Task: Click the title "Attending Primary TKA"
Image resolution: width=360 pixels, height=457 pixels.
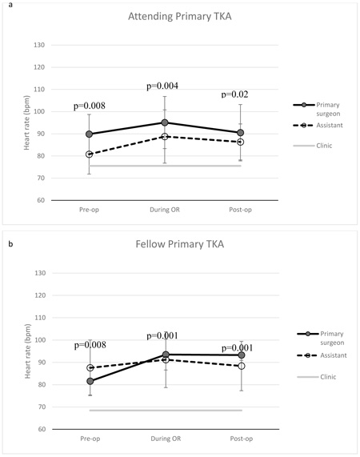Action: (180, 16)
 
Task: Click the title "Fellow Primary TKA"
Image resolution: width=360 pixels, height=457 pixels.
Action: (180, 244)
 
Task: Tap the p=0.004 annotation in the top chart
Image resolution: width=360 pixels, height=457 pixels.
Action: (162, 86)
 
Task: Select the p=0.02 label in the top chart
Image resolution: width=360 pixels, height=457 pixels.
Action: (234, 94)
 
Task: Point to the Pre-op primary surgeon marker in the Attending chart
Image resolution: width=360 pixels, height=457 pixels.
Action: (89, 134)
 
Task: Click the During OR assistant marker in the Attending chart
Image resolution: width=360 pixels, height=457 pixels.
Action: (165, 137)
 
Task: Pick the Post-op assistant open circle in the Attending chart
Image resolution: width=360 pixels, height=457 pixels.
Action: (241, 142)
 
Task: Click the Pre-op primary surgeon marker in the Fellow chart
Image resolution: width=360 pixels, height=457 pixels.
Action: (90, 381)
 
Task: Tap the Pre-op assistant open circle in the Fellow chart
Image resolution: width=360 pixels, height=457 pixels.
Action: (90, 368)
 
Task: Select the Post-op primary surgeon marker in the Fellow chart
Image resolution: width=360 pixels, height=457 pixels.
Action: (242, 355)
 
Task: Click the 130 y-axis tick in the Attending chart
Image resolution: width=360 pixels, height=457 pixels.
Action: (39, 45)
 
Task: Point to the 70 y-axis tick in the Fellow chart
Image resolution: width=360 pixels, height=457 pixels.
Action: (42, 407)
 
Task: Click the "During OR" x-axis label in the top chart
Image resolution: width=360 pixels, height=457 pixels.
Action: (165, 210)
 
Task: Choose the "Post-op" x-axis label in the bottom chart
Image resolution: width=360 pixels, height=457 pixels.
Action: (242, 439)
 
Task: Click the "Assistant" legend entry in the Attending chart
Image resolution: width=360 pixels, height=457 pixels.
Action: (330, 126)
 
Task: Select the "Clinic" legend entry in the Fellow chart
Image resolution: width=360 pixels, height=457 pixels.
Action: (328, 377)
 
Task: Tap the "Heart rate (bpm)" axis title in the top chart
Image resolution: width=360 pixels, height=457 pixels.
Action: (26, 122)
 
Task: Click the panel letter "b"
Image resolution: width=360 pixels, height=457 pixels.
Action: (10, 244)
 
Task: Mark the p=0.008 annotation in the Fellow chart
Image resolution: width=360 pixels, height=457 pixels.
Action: (90, 345)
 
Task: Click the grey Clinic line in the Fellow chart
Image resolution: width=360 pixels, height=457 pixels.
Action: (166, 411)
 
